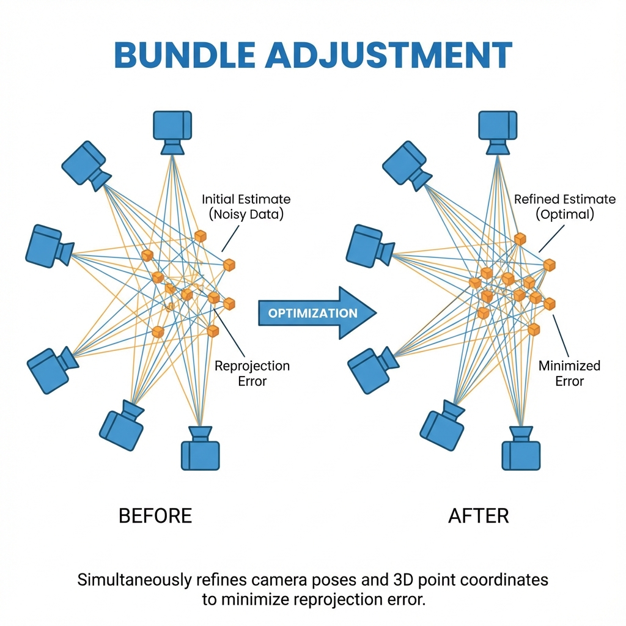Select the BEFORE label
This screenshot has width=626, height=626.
point(155,515)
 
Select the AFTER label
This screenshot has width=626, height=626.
point(479,515)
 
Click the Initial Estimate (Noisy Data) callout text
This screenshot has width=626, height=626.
point(246,207)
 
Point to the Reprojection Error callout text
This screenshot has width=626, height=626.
point(252,373)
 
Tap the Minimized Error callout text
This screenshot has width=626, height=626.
point(569,373)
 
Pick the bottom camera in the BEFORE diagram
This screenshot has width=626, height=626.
point(200,450)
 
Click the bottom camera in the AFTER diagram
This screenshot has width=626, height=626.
point(521,450)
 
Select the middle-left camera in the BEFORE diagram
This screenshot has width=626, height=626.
point(48,245)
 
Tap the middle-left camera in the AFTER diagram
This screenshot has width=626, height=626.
point(369,245)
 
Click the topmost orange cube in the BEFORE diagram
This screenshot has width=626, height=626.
point(201,236)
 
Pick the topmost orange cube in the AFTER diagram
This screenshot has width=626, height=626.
point(520,239)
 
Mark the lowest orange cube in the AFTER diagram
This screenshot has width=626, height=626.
point(534,330)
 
